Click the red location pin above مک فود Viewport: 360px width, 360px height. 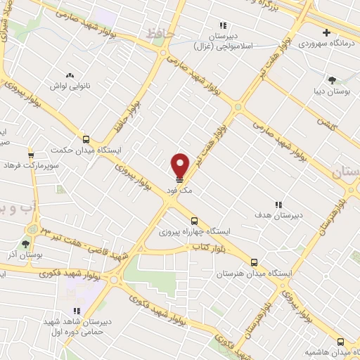(180, 166)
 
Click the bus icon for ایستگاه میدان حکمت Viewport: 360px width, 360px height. (86, 139)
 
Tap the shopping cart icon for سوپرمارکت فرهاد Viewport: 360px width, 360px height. (31, 155)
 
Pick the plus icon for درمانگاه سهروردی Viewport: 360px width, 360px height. (326, 32)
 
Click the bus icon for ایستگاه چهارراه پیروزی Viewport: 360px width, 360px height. (194, 220)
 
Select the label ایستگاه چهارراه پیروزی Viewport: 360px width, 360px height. (189, 231)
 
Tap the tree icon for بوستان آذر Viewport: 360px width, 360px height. (26, 243)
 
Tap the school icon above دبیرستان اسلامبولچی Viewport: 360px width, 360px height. (224, 25)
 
